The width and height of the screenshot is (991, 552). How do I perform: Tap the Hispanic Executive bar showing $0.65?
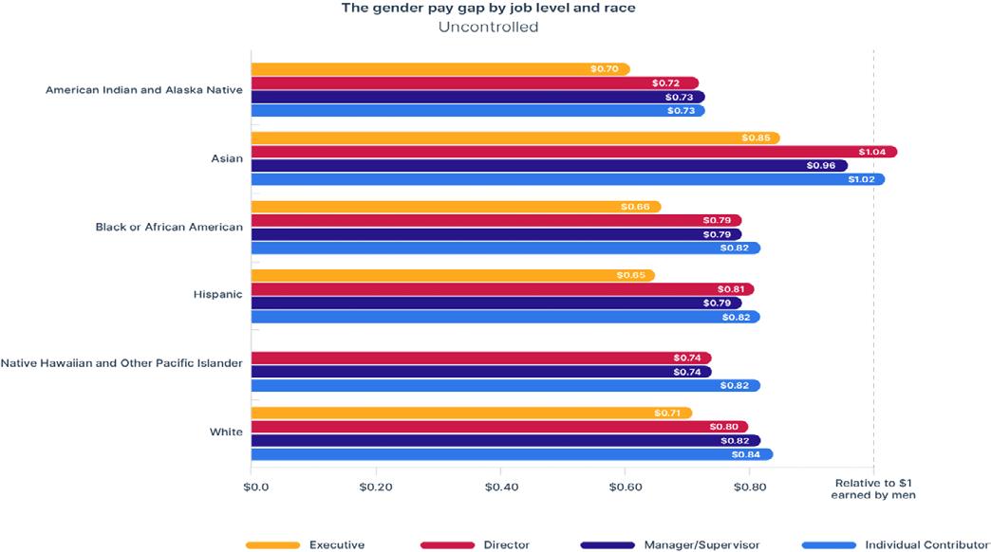click(452, 275)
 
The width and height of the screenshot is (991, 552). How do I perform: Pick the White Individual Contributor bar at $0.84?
click(512, 454)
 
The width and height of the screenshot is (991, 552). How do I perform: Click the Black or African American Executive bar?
click(456, 207)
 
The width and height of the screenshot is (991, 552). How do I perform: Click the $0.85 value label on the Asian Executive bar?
click(756, 138)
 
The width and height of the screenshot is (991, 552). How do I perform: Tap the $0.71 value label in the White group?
click(668, 414)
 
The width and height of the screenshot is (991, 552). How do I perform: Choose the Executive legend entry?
click(305, 545)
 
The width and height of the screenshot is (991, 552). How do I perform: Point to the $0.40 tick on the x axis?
click(500, 488)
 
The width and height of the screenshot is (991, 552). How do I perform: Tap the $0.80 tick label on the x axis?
click(750, 488)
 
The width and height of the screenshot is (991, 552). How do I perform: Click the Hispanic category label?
click(217, 294)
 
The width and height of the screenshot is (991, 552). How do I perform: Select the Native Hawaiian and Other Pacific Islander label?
click(122, 363)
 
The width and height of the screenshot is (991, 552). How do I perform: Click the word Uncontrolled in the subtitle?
click(488, 28)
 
